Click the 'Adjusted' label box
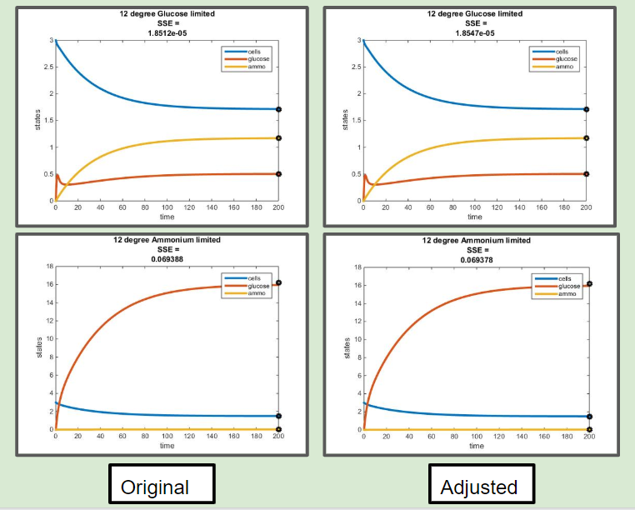[x=477, y=487]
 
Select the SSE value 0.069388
[x=167, y=258]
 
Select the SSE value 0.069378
[x=476, y=259]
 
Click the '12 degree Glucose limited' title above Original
[x=167, y=13]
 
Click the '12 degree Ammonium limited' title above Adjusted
[x=476, y=240]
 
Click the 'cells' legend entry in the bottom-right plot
[x=563, y=278]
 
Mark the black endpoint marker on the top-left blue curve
[x=279, y=109]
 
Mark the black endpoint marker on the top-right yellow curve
[x=587, y=138]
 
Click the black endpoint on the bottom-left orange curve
[x=279, y=283]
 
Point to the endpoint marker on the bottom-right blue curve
[x=589, y=416]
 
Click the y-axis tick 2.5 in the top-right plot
[x=356, y=67]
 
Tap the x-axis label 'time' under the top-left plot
[x=167, y=217]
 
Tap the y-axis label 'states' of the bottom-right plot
[x=347, y=348]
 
